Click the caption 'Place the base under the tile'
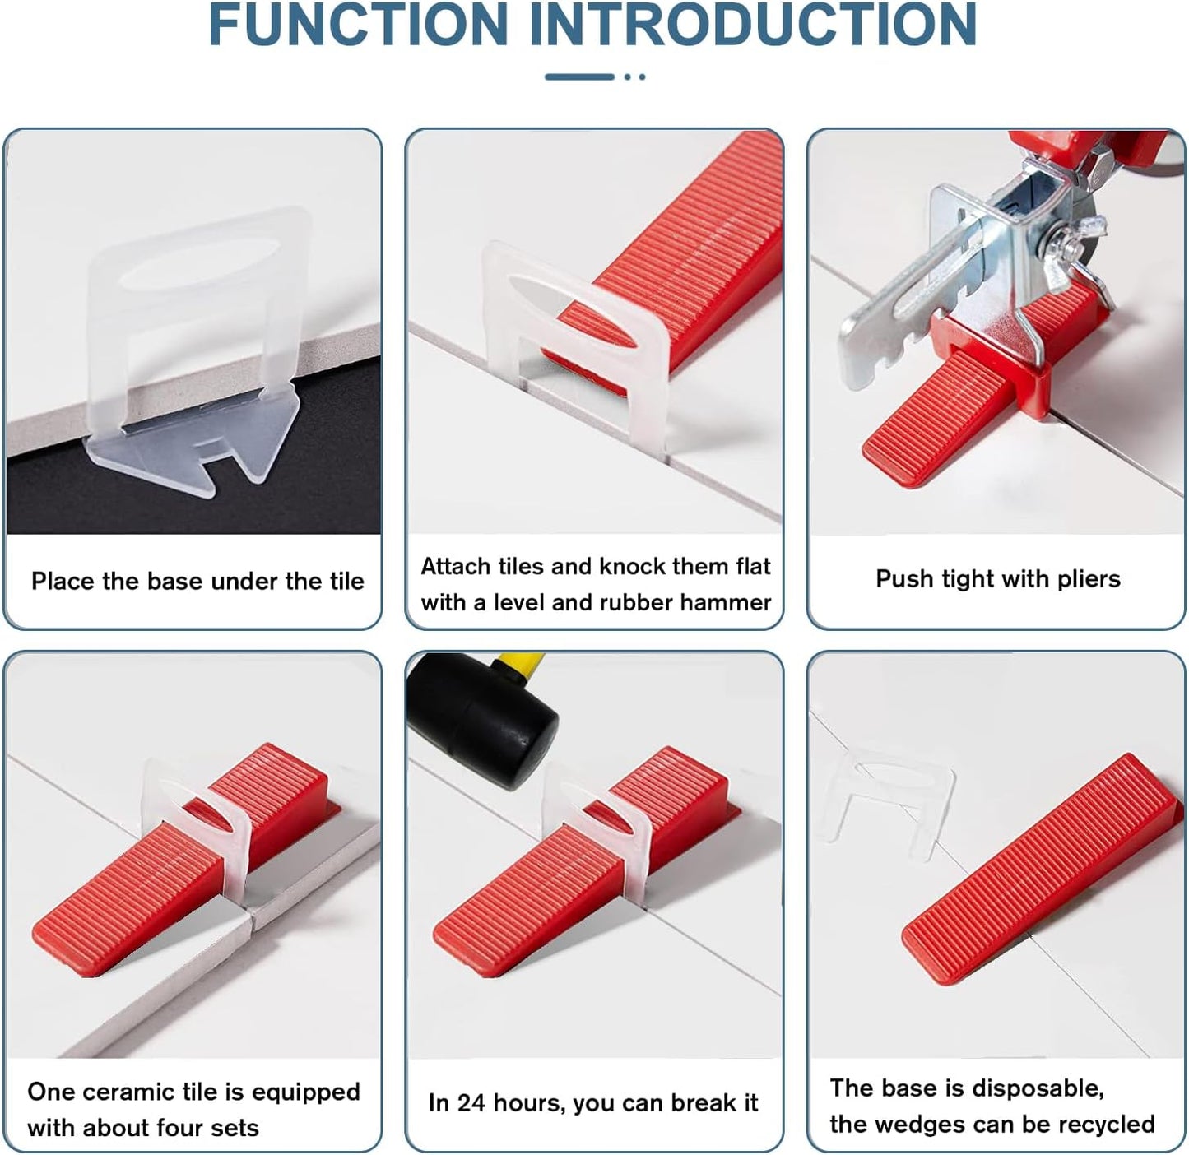197,582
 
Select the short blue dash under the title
579,77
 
